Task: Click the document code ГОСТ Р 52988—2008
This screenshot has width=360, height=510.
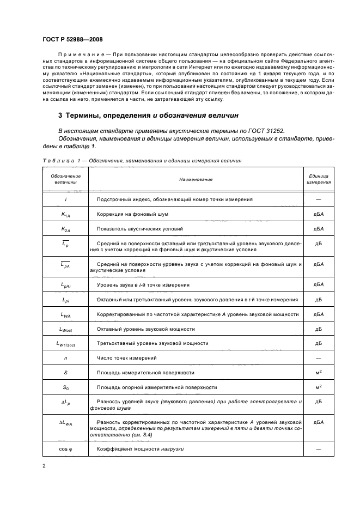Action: pyautogui.click(x=71, y=40)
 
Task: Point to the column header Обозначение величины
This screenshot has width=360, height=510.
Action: pyautogui.click(x=65, y=179)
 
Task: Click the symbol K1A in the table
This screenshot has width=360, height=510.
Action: pyautogui.click(x=65, y=215)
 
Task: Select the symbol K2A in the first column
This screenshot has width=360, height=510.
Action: pyautogui.click(x=65, y=229)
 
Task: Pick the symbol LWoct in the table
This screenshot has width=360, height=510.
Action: pyautogui.click(x=65, y=329)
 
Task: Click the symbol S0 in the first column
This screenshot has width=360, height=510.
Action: pyautogui.click(x=65, y=387)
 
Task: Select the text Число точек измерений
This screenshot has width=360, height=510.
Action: pyautogui.click(x=127, y=358)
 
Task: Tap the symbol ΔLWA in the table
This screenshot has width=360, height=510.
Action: pyautogui.click(x=65, y=422)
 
